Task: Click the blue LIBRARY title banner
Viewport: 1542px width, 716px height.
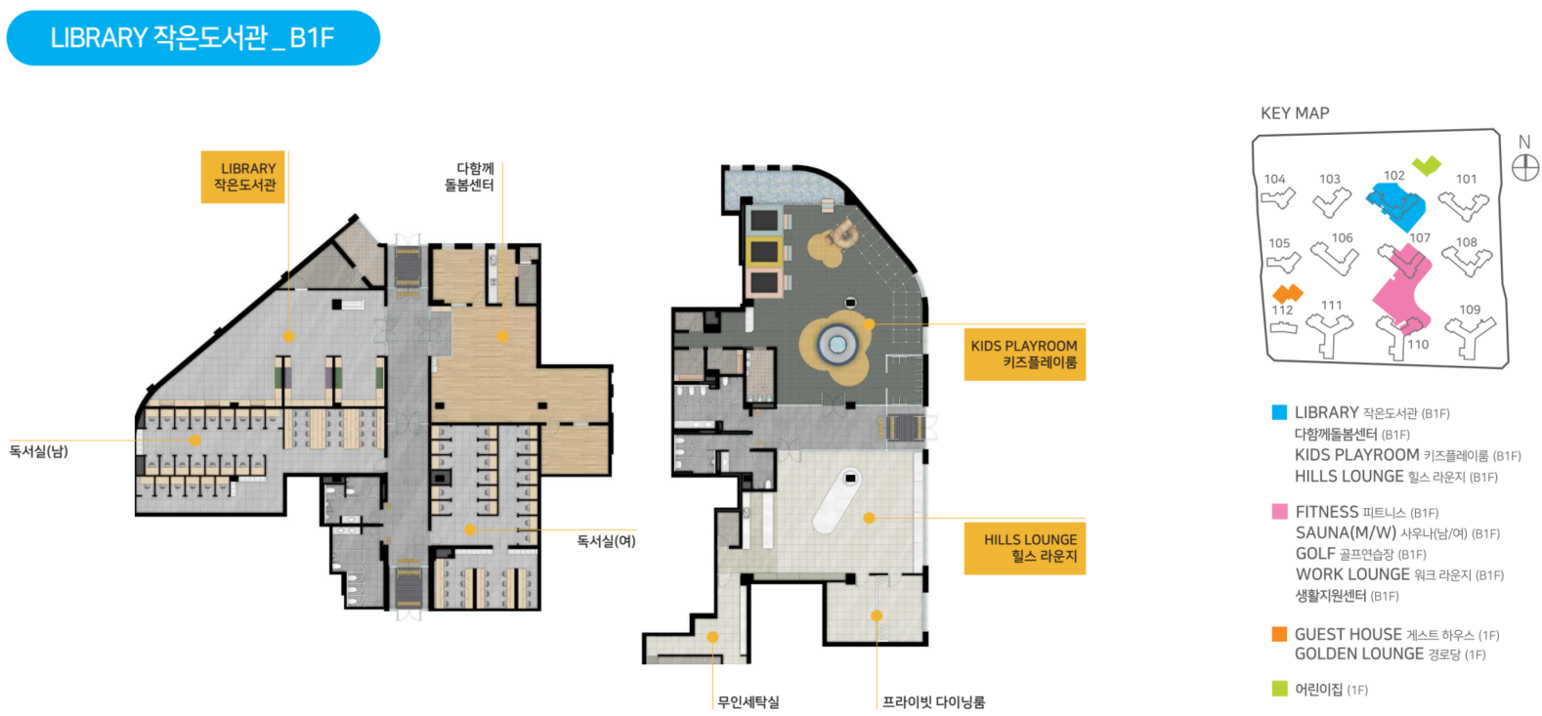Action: click(193, 38)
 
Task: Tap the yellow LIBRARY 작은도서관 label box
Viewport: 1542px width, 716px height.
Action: click(243, 177)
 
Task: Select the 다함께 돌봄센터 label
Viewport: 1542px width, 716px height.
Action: click(469, 177)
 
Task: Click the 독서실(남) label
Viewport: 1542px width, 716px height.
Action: click(39, 451)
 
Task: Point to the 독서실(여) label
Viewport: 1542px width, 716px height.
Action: click(606, 541)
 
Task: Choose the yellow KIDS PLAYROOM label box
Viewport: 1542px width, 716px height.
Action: click(1024, 354)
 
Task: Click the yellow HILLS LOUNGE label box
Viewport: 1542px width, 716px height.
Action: click(1025, 547)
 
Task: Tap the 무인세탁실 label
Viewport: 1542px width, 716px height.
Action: click(749, 702)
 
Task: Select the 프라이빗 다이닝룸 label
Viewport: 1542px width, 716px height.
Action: click(933, 702)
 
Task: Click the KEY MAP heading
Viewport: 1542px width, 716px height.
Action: click(1295, 113)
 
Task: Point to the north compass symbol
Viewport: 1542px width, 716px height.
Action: click(1524, 167)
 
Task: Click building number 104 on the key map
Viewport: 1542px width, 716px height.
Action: click(1274, 179)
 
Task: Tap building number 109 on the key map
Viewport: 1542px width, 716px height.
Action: click(1470, 310)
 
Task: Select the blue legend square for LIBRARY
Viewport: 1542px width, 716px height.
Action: click(1279, 413)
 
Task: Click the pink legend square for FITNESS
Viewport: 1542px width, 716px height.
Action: click(1279, 512)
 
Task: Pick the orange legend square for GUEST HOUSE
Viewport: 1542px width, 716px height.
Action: click(1279, 634)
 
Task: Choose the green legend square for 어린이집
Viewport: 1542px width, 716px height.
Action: click(1279, 689)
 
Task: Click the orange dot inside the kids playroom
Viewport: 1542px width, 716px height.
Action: click(869, 324)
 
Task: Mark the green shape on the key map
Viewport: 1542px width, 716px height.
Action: click(1427, 165)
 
